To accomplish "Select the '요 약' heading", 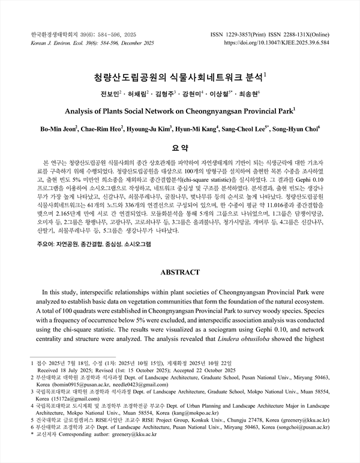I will (x=180, y=148).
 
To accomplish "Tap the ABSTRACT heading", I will (x=180, y=272).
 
